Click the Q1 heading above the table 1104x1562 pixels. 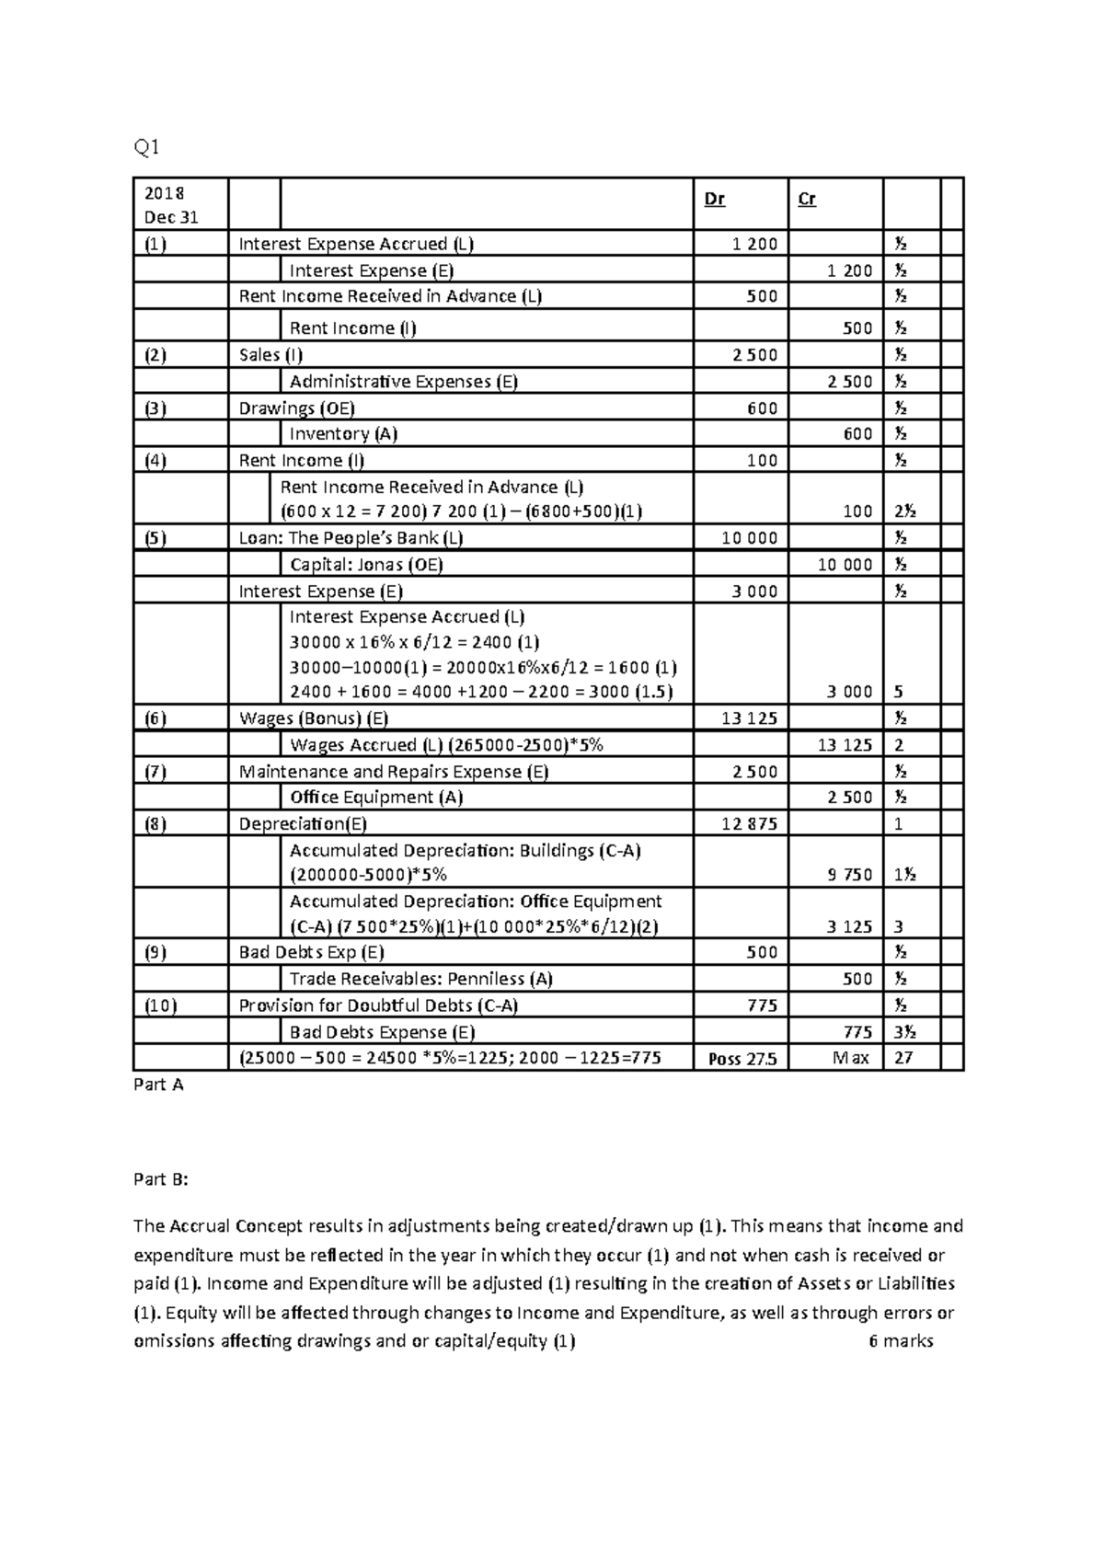(x=146, y=147)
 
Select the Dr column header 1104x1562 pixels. (x=714, y=200)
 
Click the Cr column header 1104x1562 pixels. (x=807, y=200)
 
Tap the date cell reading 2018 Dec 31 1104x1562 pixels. (x=170, y=205)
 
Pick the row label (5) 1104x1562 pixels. (x=155, y=538)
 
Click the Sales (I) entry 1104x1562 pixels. (x=270, y=355)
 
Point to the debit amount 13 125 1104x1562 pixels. (x=749, y=718)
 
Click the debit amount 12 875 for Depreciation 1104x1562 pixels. (x=749, y=824)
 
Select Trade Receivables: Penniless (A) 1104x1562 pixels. (x=420, y=979)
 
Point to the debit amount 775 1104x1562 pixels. (x=762, y=1005)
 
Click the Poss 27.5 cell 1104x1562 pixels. (x=742, y=1059)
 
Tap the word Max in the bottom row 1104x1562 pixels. (x=850, y=1058)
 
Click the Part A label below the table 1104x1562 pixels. (x=158, y=1085)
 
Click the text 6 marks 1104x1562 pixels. (x=900, y=1341)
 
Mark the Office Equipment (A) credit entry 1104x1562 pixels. (x=375, y=798)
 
